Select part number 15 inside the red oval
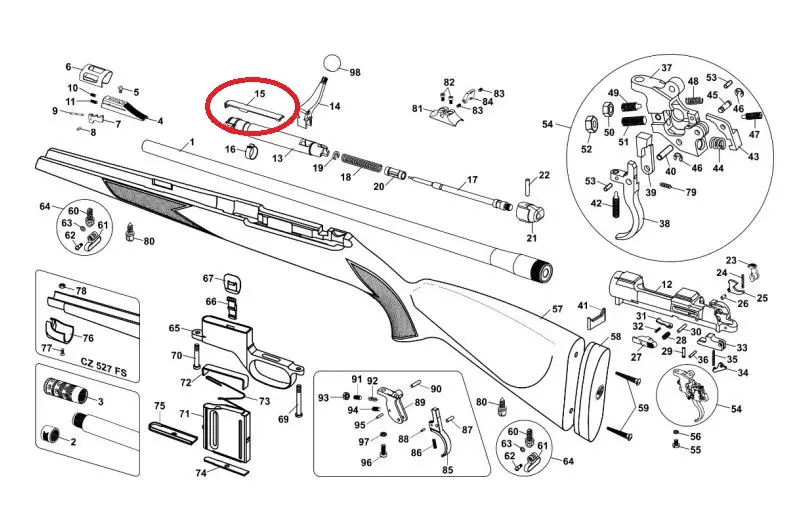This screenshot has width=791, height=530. coord(260,93)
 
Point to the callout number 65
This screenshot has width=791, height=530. coord(174,329)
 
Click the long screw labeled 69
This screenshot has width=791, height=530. coord(299,397)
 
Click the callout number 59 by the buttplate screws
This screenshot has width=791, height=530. coord(643,408)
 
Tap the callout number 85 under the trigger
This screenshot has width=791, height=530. coord(448,470)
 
